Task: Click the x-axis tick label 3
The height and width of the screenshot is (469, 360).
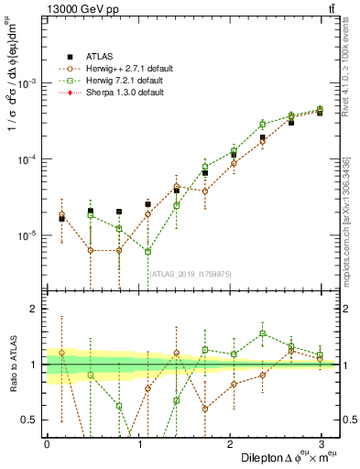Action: (321, 444)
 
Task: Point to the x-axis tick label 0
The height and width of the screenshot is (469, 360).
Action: (47, 444)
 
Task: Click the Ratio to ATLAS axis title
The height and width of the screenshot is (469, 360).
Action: (11, 365)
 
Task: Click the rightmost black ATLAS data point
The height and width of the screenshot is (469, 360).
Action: (320, 113)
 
